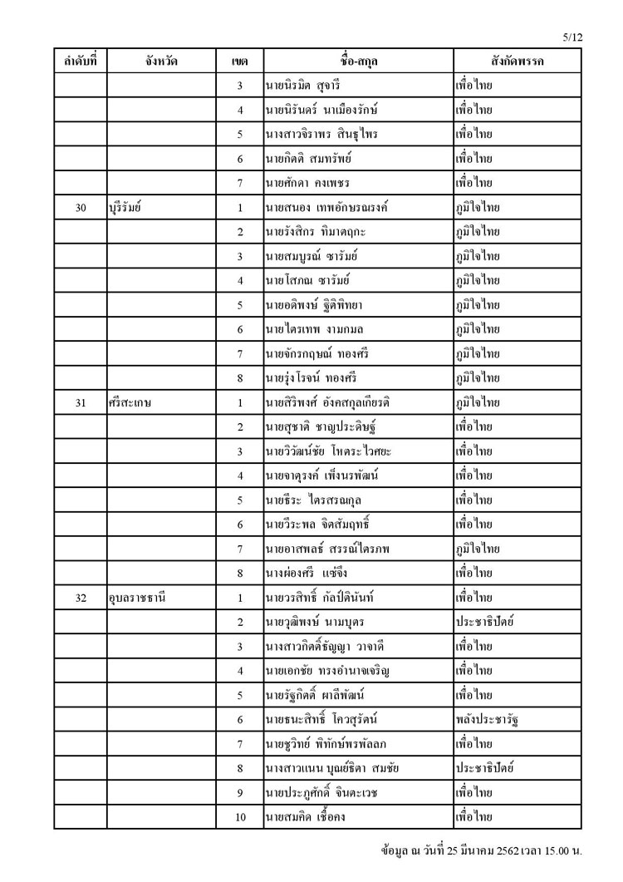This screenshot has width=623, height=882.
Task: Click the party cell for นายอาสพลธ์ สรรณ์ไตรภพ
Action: pyautogui.click(x=478, y=548)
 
